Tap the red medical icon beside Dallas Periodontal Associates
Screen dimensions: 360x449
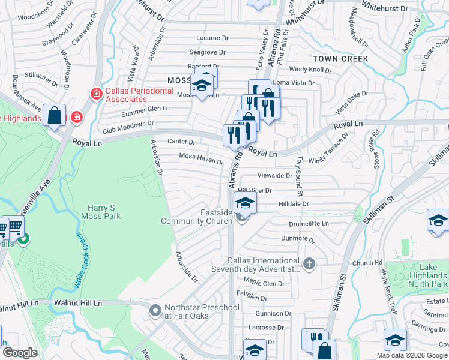[x=95, y=94]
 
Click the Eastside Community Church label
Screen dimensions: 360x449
[x=196, y=217]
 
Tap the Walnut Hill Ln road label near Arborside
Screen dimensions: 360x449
[x=78, y=304]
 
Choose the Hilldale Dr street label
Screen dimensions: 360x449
[x=293, y=204]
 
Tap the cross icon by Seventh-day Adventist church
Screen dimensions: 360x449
[x=309, y=263]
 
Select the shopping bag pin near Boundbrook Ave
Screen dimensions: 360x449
[x=54, y=115]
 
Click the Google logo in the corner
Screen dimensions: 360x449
[x=20, y=353]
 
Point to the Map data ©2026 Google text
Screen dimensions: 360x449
[x=412, y=355]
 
